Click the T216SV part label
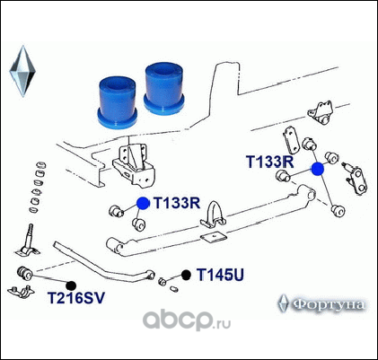click(x=76, y=298)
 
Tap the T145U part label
click(x=220, y=275)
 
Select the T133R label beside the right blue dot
click(x=270, y=162)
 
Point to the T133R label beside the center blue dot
click(x=177, y=203)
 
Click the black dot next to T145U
click(x=186, y=275)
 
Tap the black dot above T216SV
click(x=71, y=285)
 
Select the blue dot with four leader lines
click(x=318, y=169)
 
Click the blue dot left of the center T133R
click(x=143, y=204)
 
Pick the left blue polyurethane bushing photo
click(x=118, y=101)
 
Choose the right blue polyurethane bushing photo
click(x=163, y=88)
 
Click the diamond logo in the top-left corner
click(x=22, y=71)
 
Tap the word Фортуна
click(x=329, y=304)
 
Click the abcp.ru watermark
click(x=186, y=320)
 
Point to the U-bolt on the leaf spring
click(x=213, y=214)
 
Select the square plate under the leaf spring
click(x=214, y=237)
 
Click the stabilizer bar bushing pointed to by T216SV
click(x=24, y=273)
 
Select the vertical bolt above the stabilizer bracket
click(x=31, y=235)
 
